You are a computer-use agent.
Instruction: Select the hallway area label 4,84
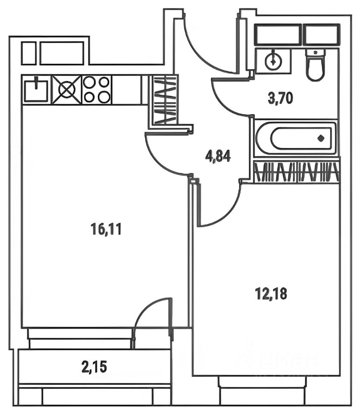(218, 155)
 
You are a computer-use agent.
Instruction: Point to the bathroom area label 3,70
(280, 99)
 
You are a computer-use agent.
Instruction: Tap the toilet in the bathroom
(315, 66)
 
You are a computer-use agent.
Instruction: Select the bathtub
(295, 138)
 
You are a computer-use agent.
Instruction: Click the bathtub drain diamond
(321, 138)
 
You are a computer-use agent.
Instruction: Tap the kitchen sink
(36, 90)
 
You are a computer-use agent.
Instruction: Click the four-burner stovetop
(97, 90)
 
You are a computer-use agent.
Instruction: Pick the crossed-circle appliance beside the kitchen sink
(67, 90)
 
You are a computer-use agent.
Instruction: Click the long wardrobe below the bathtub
(296, 172)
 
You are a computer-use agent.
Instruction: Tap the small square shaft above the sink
(28, 53)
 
